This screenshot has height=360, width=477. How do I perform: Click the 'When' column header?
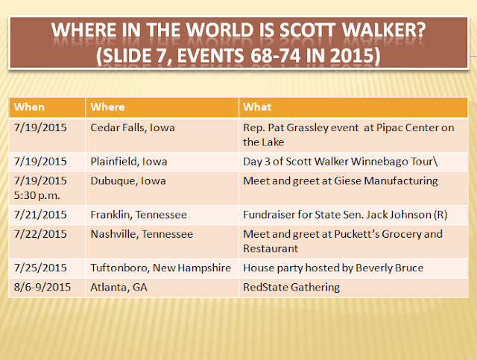click(x=29, y=107)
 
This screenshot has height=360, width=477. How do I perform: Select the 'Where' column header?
click(x=107, y=107)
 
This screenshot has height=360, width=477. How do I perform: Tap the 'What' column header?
click(x=257, y=107)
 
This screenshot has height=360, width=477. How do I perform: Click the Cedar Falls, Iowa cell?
click(x=133, y=127)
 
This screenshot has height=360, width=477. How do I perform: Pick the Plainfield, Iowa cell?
click(x=129, y=161)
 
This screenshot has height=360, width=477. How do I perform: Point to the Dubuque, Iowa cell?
click(x=128, y=181)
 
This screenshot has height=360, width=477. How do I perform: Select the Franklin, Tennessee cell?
click(x=139, y=215)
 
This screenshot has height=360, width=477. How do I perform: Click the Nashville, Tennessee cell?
click(x=142, y=234)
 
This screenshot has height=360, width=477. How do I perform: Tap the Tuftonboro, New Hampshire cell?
click(x=161, y=268)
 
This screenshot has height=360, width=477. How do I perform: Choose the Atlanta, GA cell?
click(x=119, y=287)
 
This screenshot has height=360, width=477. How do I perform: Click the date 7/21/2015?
click(x=40, y=215)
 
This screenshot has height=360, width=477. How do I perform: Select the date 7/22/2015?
click(x=40, y=234)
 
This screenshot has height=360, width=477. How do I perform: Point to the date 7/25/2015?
click(x=40, y=268)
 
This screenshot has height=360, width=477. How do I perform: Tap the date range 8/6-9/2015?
click(x=42, y=287)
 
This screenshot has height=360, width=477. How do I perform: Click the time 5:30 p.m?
click(x=37, y=195)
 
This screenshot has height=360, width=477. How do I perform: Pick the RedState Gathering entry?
click(x=291, y=287)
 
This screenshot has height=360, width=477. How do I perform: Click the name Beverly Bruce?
click(x=389, y=268)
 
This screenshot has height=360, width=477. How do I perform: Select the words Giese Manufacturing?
click(x=386, y=181)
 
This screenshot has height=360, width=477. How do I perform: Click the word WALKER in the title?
click(x=384, y=30)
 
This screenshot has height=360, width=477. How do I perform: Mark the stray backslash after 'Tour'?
click(x=435, y=161)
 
